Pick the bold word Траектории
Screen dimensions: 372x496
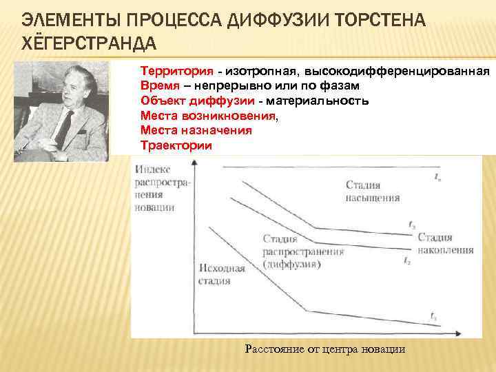click(x=176, y=145)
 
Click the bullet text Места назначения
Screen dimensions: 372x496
click(x=196, y=130)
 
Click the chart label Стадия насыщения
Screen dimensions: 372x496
click(x=372, y=190)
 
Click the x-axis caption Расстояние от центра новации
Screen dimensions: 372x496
click(x=325, y=349)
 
